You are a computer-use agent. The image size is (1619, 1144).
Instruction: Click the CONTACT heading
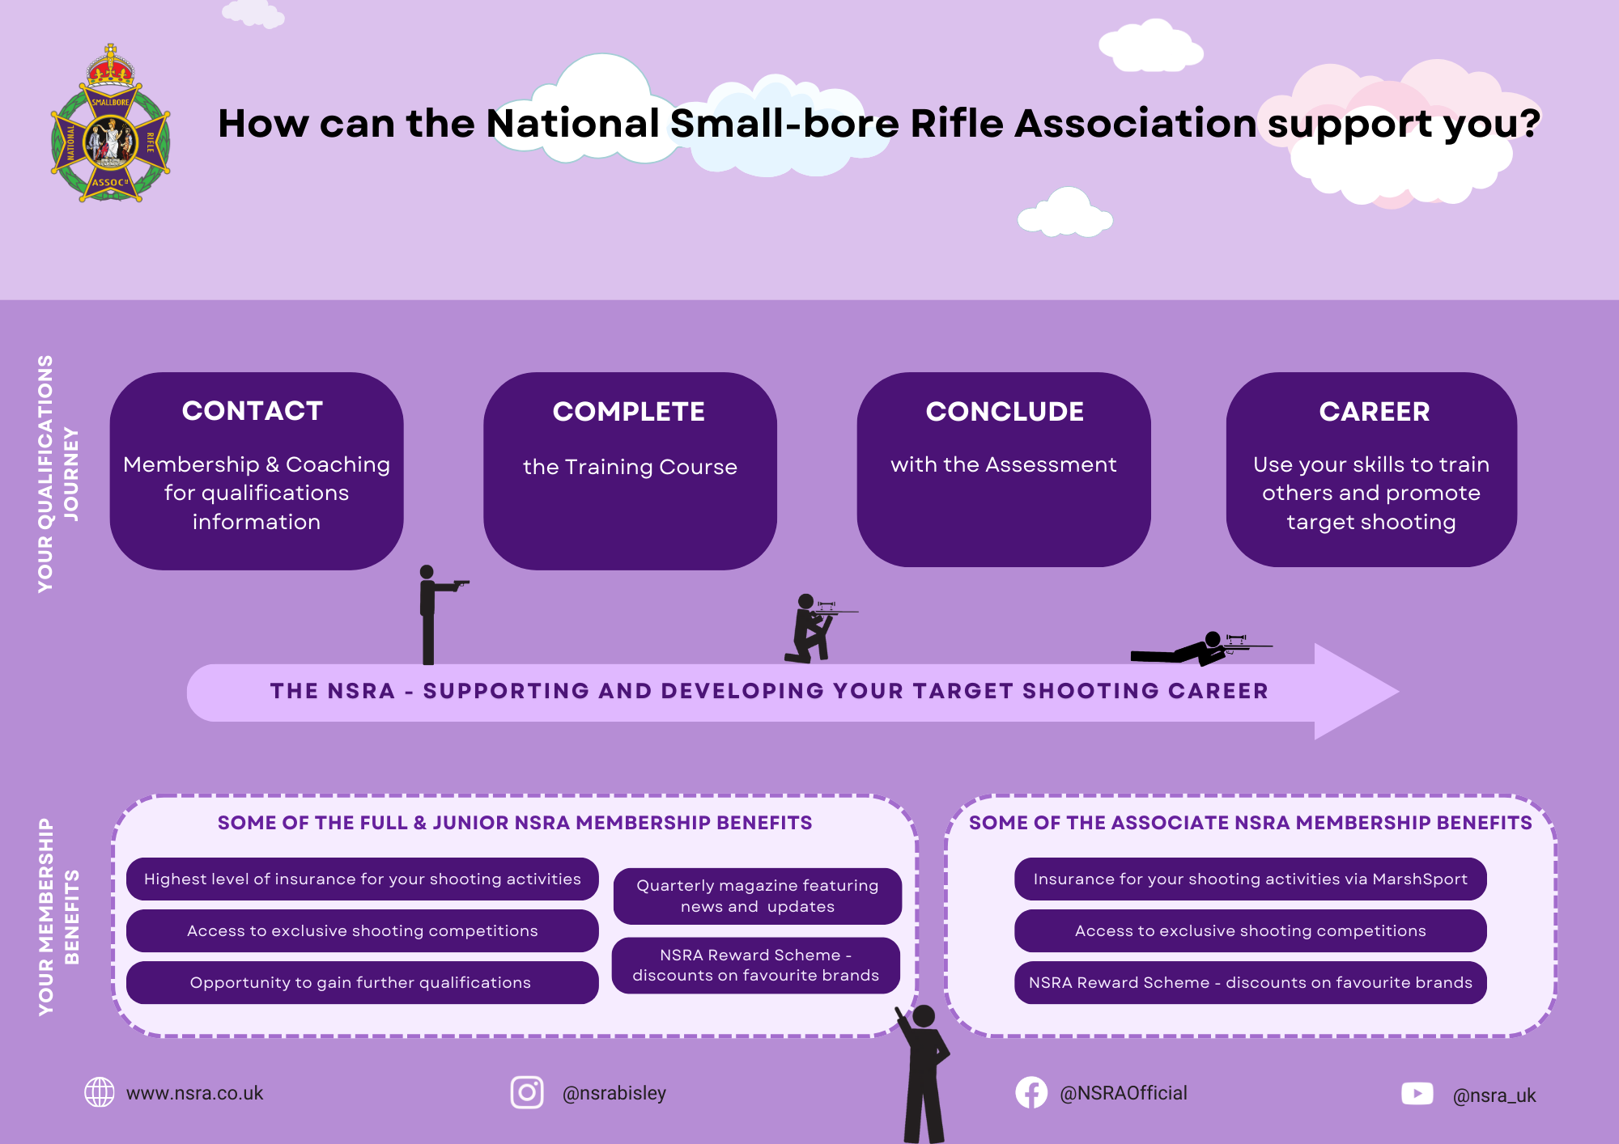click(253, 411)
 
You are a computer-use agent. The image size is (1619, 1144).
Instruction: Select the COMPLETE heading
click(629, 412)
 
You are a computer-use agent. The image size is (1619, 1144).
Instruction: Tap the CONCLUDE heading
click(1005, 412)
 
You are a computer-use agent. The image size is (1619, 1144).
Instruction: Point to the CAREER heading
click(1374, 412)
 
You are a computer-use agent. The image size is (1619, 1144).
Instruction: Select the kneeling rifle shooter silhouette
click(812, 629)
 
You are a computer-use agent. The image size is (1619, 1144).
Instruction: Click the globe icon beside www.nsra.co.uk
click(100, 1092)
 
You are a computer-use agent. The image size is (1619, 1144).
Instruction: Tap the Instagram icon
click(527, 1092)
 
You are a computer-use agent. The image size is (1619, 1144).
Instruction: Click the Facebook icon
click(1031, 1092)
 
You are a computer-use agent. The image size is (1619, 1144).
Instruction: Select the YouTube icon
click(1417, 1094)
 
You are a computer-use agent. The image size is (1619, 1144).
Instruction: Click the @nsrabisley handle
click(614, 1093)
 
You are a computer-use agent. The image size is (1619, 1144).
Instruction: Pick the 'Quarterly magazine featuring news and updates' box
click(757, 896)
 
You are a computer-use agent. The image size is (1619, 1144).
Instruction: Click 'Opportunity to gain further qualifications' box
click(362, 982)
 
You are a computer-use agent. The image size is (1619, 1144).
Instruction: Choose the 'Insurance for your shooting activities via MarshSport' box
click(1250, 879)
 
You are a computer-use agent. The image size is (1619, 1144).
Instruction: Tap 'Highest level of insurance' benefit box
click(362, 879)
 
